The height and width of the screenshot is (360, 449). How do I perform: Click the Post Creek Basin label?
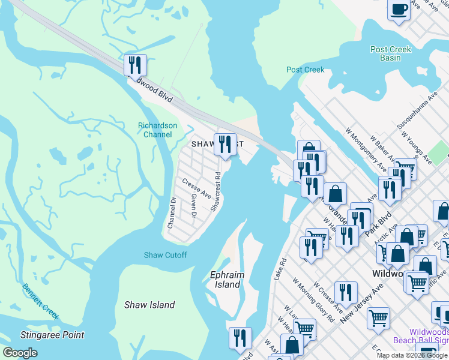click(391, 53)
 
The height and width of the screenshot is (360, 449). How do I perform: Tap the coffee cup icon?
click(399, 10)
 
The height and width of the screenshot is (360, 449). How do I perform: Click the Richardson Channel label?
click(158, 130)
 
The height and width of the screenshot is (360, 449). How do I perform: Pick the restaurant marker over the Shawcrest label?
click(224, 145)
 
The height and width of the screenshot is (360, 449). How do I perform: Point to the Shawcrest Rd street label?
click(217, 192)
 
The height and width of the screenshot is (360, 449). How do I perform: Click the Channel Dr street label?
click(172, 212)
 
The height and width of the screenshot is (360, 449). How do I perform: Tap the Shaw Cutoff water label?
click(165, 255)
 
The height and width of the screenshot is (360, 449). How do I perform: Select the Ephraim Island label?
click(227, 280)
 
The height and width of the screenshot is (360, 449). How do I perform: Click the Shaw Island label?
click(149, 305)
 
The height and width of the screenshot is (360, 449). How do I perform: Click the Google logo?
click(20, 353)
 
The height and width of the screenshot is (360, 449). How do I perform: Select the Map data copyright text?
click(412, 355)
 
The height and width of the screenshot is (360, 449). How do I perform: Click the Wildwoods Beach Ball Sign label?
click(420, 336)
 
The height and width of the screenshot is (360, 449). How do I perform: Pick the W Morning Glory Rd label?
click(313, 300)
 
